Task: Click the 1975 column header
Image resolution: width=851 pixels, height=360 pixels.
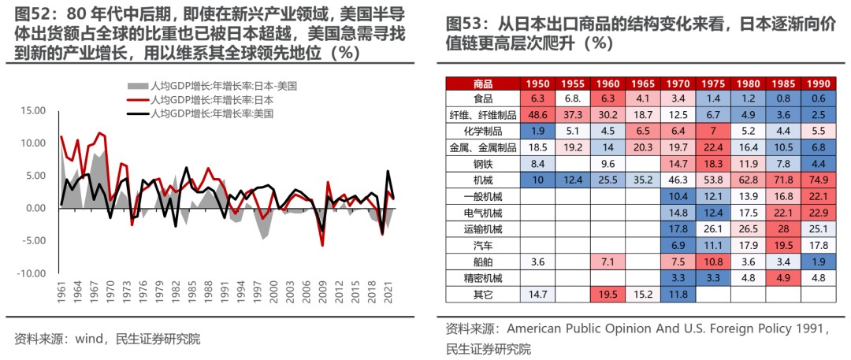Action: pyautogui.click(x=712, y=83)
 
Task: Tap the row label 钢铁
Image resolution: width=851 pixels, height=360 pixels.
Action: pyautogui.click(x=482, y=163)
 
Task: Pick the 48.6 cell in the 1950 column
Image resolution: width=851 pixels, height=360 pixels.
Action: pyautogui.click(x=538, y=114)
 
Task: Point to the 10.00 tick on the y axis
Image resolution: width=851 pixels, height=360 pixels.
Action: pyautogui.click(x=35, y=143)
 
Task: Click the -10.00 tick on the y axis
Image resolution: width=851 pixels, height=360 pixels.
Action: pyautogui.click(x=33, y=273)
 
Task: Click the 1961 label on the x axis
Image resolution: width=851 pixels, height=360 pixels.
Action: pyautogui.click(x=61, y=291)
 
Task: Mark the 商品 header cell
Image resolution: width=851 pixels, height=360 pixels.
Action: pyautogui.click(x=482, y=83)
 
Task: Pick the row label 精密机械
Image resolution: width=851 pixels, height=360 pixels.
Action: pyautogui.click(x=482, y=277)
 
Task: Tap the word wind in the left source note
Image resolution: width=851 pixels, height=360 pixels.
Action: pyautogui.click(x=90, y=340)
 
